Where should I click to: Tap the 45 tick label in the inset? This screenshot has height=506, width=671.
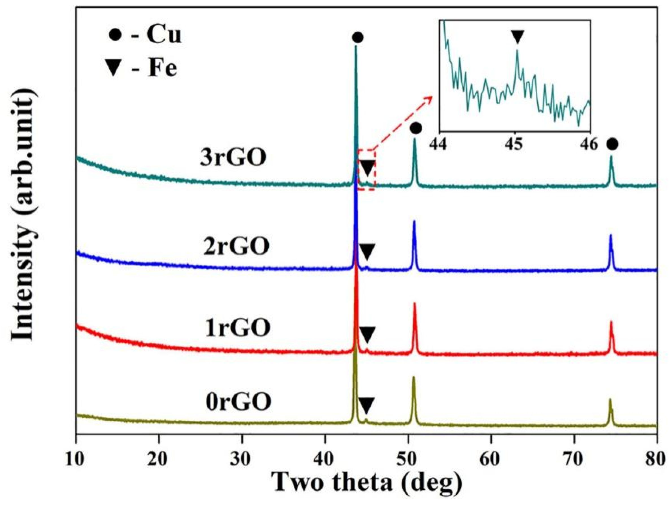coord(515,144)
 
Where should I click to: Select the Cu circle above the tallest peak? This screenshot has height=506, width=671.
coord(358,38)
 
